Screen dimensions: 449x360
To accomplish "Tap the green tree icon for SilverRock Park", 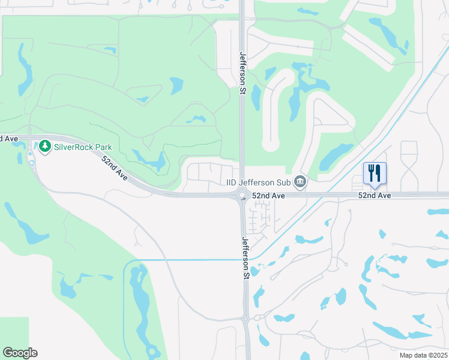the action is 44,146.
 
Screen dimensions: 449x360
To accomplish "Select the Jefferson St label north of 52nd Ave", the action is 243,70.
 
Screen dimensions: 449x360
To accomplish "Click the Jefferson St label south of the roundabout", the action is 245,258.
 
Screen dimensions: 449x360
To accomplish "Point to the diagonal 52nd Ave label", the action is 115,169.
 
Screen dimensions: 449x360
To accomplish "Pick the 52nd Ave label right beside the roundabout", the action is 268,196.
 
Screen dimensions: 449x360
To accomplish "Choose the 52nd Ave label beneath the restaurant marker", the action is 375,196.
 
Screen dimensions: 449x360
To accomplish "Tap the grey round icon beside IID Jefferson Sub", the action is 301,182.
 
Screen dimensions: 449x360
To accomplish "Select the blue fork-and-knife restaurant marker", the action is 375,173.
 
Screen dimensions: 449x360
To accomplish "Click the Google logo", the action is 20,353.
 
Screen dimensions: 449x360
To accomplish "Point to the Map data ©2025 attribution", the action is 423,355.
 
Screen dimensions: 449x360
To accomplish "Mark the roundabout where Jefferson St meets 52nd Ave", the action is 243,194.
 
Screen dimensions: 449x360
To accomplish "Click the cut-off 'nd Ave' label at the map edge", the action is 8,139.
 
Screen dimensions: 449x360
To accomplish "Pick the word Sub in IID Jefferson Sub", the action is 285,182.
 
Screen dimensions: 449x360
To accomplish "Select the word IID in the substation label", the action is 231,182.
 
